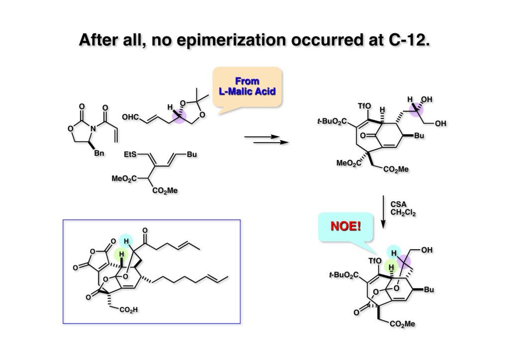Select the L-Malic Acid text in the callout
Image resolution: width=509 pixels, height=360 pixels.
pyautogui.click(x=247, y=91)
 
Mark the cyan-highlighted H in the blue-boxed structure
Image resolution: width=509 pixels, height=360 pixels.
pyautogui.click(x=127, y=241)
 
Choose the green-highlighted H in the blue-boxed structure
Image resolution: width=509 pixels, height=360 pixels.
pyautogui.click(x=119, y=254)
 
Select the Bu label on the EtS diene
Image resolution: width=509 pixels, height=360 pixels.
pyautogui.click(x=191, y=155)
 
